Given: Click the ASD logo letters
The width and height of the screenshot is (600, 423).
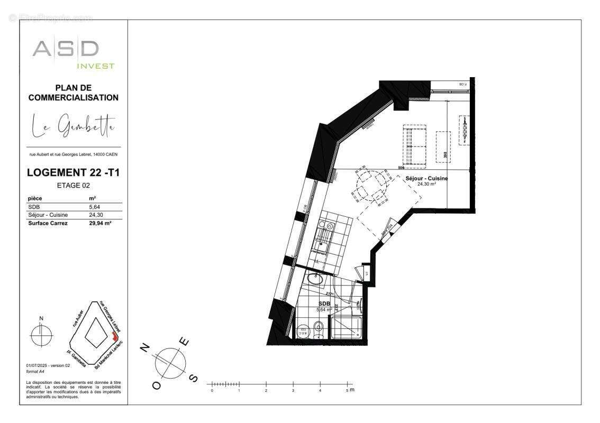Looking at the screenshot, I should (x=65, y=49).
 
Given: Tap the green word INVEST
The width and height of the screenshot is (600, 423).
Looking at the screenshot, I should (x=96, y=66).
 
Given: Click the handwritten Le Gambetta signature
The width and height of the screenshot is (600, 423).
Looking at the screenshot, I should (x=73, y=126).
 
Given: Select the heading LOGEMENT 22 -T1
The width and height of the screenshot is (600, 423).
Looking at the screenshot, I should (x=73, y=172).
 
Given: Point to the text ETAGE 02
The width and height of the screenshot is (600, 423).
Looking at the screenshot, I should (x=73, y=185).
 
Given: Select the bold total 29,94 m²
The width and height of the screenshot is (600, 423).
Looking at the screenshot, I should (x=100, y=223).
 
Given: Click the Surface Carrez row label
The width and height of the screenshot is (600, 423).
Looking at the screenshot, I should (x=48, y=223).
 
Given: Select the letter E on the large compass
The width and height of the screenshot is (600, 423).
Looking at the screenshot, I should (x=185, y=342).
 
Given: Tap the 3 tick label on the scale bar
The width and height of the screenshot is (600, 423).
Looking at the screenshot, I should (x=293, y=391).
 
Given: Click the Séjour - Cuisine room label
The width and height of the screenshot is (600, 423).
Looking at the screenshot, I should (x=426, y=179).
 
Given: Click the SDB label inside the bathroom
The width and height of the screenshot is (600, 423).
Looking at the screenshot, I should (x=324, y=304).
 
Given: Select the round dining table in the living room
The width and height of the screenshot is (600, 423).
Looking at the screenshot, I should (x=369, y=185).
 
